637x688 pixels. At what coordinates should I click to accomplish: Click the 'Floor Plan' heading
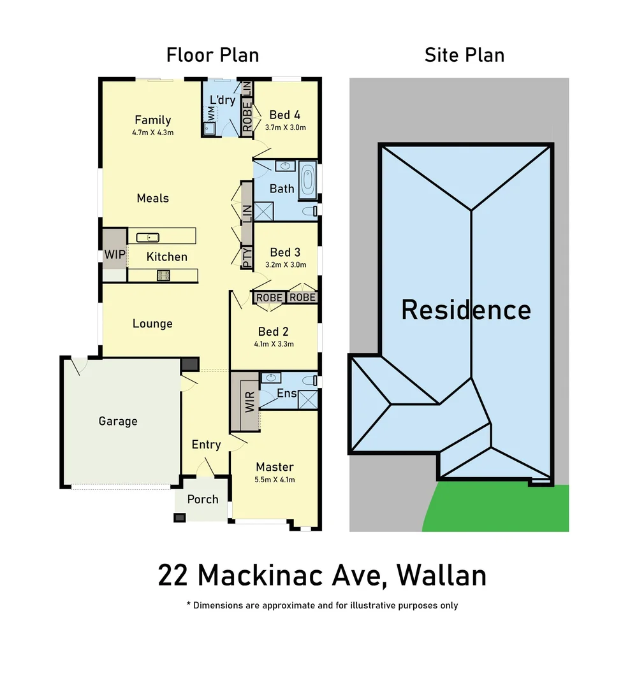click(212, 55)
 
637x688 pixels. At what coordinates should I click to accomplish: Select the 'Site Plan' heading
click(464, 55)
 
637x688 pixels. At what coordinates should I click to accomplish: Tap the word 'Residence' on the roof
click(465, 310)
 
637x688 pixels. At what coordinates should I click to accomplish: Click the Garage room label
click(118, 421)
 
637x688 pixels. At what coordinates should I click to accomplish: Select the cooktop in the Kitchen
click(163, 276)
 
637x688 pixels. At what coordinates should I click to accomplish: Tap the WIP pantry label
click(114, 255)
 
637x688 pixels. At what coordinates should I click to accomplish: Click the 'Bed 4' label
click(284, 115)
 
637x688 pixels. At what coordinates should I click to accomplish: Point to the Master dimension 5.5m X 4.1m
click(275, 480)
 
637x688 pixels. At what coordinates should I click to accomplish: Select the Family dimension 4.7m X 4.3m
click(153, 133)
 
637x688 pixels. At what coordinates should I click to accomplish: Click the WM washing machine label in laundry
click(210, 113)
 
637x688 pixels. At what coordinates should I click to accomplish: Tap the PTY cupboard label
click(247, 257)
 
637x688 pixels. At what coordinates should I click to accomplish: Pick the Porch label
click(203, 499)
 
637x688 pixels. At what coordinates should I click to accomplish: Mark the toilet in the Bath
click(309, 211)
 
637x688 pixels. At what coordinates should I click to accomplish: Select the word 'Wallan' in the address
click(441, 575)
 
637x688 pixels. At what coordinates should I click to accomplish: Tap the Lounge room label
click(152, 324)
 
